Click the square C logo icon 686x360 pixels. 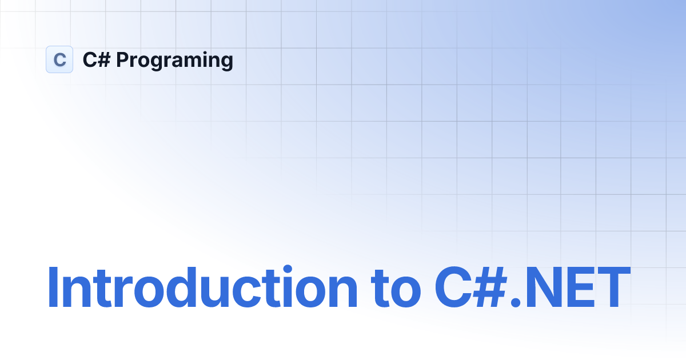(59, 59)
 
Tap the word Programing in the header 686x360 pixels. (174, 61)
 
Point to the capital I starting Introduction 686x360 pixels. (53, 288)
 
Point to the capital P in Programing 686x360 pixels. (122, 59)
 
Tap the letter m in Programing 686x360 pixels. (189, 61)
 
